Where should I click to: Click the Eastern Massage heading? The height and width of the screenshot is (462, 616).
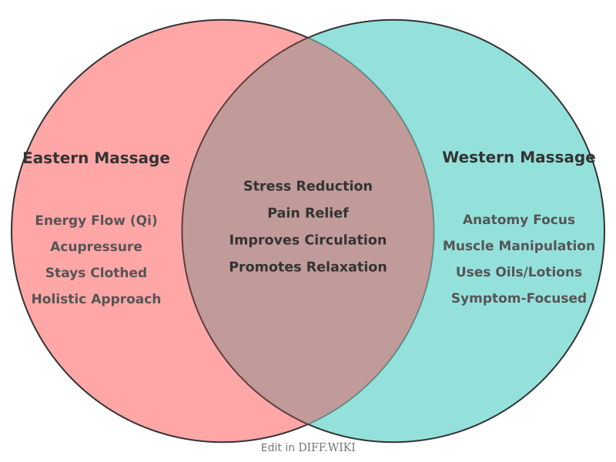point(96,159)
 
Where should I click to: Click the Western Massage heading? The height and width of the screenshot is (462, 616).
point(518,158)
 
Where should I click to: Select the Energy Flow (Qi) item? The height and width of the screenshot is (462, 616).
point(96,221)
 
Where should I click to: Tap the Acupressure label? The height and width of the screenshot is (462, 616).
point(96,247)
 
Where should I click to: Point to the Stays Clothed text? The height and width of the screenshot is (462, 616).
point(96,273)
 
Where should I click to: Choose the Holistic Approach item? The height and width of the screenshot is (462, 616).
point(96,300)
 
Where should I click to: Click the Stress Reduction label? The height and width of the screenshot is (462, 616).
point(308,186)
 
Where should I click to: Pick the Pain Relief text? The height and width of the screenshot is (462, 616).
point(308,213)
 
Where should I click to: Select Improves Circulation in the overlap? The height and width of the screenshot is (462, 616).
point(308,240)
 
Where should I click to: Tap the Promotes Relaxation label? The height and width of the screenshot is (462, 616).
point(308,267)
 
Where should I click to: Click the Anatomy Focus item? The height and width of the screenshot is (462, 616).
point(518,220)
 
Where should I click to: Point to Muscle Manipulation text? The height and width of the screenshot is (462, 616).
point(518,246)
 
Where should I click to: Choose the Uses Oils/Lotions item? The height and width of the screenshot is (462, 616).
point(518,273)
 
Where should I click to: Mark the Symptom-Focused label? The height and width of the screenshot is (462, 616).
point(518,299)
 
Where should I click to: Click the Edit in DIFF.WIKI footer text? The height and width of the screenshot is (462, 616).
point(308,447)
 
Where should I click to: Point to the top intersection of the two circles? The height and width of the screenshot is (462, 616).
point(308,37)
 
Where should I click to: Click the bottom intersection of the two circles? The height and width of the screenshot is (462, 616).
point(308,424)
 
